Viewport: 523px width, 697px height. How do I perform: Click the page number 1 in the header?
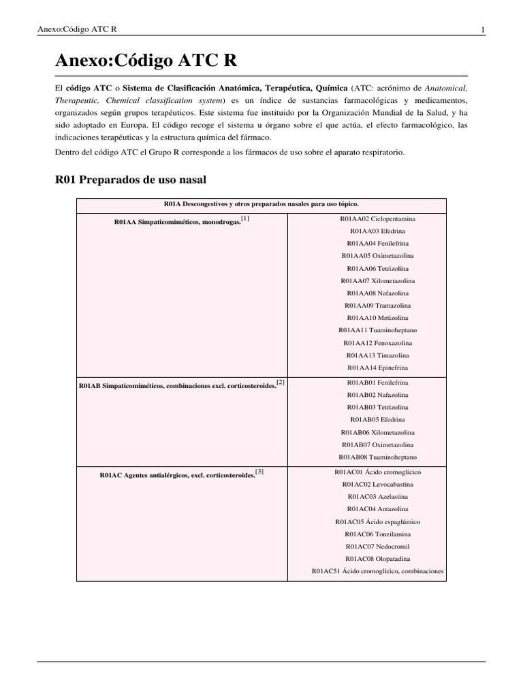coord(482,29)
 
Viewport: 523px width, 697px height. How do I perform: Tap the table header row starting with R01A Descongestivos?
coord(261,204)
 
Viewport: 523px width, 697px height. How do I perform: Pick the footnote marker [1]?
coord(245,218)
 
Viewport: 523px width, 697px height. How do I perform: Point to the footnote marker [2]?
coord(280,383)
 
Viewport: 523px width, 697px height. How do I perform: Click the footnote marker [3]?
coord(259,471)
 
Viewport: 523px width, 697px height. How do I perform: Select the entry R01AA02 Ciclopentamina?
coord(378,218)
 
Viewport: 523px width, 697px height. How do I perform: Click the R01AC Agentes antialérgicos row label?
coord(177,475)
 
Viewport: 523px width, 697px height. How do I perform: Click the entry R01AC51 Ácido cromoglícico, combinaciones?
coord(378,571)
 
